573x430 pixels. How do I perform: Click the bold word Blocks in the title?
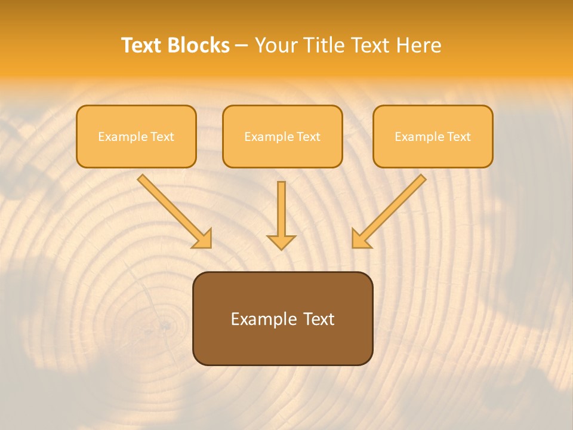pos(198,45)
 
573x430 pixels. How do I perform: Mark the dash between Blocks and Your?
pos(242,46)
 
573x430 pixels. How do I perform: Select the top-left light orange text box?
pos(136,136)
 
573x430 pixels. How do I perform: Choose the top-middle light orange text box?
pos(282,136)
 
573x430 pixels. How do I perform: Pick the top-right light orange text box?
pos(433,136)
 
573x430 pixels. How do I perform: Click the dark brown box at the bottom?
pos(282,318)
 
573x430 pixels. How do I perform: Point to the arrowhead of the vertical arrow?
pos(281,242)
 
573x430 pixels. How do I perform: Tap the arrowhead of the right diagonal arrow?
pos(360,239)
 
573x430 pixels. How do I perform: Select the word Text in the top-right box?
pos(459,137)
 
